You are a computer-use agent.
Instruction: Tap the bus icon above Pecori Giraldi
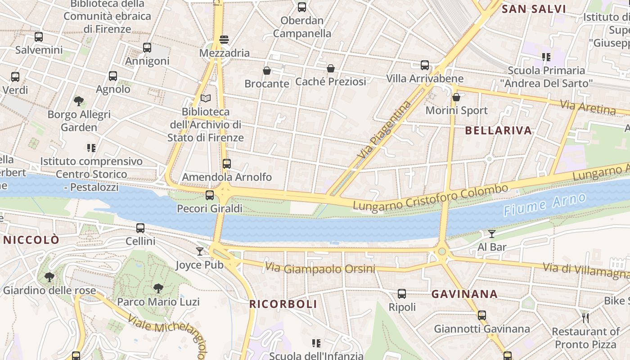(210, 195)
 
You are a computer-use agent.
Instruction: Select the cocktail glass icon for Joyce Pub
(200, 251)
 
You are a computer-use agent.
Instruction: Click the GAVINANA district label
(464, 294)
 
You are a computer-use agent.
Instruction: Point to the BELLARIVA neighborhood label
(498, 130)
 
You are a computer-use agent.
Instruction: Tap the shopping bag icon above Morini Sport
(456, 97)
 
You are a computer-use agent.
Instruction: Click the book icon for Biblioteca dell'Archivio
(206, 98)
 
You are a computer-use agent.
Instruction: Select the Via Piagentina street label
(384, 129)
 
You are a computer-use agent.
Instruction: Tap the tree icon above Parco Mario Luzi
(158, 288)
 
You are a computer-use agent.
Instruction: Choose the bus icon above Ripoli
(402, 294)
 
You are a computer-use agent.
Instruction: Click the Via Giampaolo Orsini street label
(320, 268)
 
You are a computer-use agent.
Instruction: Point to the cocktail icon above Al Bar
(492, 234)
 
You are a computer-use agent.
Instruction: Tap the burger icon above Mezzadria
(224, 40)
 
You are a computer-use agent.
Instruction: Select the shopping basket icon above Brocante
(267, 71)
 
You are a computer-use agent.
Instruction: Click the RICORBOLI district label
(283, 304)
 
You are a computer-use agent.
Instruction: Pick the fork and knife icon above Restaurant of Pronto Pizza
(585, 318)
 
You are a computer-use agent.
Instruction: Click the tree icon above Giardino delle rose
(49, 277)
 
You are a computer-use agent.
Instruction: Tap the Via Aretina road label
(588, 107)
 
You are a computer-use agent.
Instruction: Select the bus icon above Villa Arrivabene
(425, 65)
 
